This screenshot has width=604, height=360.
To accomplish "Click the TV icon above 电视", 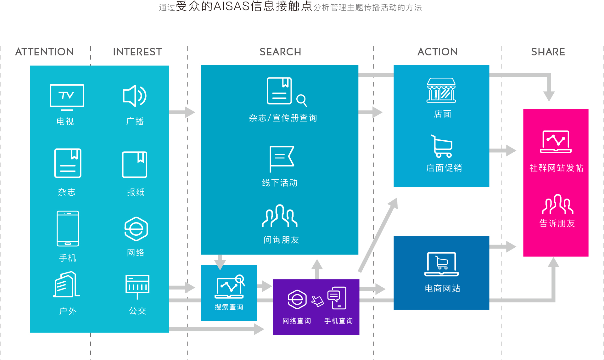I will coord(67,97).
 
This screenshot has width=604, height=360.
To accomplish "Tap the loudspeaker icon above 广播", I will coord(134,96).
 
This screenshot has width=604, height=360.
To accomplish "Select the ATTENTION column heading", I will coord(44,52).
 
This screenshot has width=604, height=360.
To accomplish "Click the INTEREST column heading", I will coord(137,52).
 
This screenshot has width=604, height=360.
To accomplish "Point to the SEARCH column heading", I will coord(280,52).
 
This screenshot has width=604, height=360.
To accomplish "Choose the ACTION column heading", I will coord(438,52).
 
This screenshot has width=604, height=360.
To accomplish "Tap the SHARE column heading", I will coord(548,52).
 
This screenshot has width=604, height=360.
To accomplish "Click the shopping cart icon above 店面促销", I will coord(442,146).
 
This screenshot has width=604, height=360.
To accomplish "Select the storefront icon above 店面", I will coord(441,90).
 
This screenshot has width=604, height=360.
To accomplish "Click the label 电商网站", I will coord(442,289).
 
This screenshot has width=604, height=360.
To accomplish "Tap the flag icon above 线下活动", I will coord(282,157).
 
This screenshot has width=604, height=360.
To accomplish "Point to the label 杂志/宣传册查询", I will coord(283,118).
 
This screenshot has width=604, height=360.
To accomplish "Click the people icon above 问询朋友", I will coord(280,216).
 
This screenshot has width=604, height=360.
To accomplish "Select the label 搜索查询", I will coord(229,307).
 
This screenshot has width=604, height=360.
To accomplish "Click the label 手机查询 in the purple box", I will coord(338,321).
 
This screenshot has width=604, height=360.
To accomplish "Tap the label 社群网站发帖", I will coord(556,168).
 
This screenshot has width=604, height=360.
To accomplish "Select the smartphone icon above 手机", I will coord(68,228).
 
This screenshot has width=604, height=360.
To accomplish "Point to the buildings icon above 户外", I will coord(66,284).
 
